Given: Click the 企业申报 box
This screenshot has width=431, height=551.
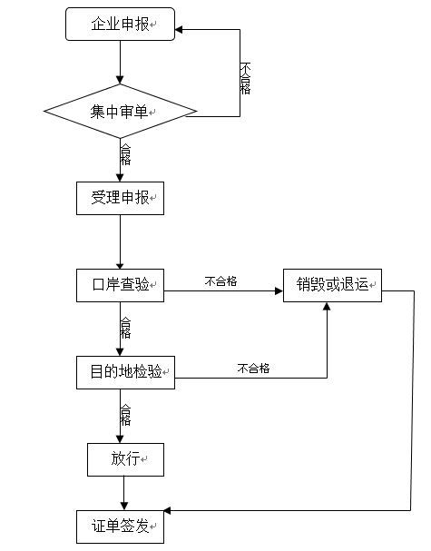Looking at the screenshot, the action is [x=120, y=25].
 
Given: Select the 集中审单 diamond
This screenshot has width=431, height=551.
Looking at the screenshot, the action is [x=120, y=111].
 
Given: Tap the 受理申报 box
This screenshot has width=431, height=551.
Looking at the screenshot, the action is [x=120, y=198].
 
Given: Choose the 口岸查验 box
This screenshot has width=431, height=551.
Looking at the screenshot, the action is [x=120, y=285].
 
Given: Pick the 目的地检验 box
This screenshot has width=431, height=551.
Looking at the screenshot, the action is [x=125, y=372].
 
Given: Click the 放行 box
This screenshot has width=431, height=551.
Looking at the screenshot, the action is [x=125, y=459].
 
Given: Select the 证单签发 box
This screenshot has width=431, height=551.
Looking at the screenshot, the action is [x=120, y=526].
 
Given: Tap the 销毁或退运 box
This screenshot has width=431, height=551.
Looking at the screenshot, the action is [x=332, y=285].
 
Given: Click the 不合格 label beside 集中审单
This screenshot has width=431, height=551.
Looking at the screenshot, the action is [x=245, y=78].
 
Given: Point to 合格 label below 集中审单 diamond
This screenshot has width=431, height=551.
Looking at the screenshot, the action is [x=125, y=154].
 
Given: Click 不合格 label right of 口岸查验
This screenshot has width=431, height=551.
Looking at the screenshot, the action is [x=221, y=281].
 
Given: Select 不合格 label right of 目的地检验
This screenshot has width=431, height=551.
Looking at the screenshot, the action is [x=254, y=369].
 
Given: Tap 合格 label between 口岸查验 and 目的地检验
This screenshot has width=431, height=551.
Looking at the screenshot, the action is [x=125, y=328].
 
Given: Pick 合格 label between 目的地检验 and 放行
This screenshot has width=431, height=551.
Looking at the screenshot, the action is [x=125, y=415].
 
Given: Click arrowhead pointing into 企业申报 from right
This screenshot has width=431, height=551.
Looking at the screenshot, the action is [x=179, y=30].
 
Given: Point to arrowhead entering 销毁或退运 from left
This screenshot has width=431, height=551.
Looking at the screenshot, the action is [x=279, y=291].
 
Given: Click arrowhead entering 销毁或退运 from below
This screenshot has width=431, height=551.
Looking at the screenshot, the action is [x=327, y=306].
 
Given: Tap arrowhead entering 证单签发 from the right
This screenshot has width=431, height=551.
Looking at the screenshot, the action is [x=168, y=510].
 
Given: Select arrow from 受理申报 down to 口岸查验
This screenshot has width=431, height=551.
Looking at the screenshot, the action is [x=120, y=242].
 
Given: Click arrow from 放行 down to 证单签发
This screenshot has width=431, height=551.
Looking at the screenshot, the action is [x=124, y=494].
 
